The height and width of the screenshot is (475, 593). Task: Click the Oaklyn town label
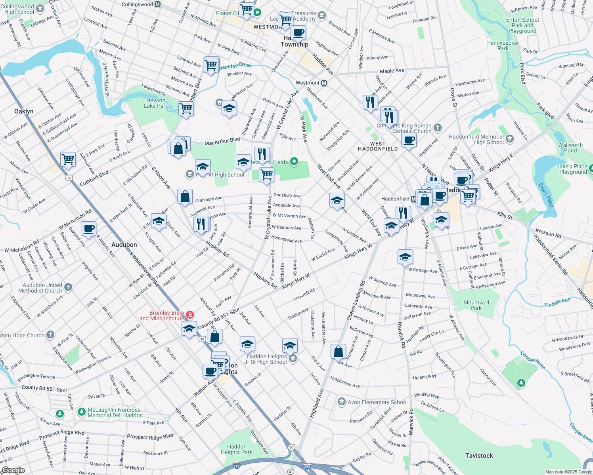click(x=24, y=111)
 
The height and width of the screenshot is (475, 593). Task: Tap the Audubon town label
click(x=124, y=245)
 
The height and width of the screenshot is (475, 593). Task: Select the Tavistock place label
click(x=479, y=456)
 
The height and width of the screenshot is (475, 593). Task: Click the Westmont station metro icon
click(x=324, y=83)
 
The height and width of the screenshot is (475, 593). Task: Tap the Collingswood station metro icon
click(x=158, y=4)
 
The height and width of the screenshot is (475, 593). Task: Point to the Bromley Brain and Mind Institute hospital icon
click(x=190, y=315)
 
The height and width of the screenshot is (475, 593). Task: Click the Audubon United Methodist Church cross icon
click(x=68, y=287)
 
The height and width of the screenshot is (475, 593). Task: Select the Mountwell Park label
click(x=476, y=305)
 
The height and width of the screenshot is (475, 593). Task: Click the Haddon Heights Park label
click(x=237, y=449)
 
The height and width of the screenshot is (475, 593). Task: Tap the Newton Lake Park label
click(x=156, y=103)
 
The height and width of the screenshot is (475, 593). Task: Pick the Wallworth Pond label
click(x=570, y=148)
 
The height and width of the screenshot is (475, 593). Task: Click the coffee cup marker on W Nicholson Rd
click(x=89, y=228)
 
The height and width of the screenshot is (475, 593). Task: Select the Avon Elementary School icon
click(x=341, y=402)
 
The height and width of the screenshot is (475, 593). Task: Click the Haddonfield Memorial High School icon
click(x=510, y=139)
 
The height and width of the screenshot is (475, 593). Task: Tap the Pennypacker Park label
click(x=503, y=46)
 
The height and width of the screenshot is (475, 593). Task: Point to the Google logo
click(x=13, y=470)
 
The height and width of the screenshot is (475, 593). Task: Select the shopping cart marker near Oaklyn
click(x=68, y=159)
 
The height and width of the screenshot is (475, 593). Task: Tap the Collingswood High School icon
click(x=40, y=8)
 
